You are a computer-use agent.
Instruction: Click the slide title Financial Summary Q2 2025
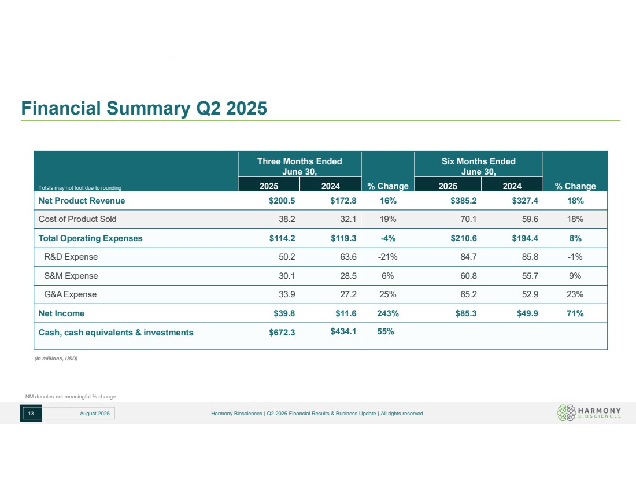click(x=144, y=108)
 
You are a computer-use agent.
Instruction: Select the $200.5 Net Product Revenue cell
click(x=282, y=201)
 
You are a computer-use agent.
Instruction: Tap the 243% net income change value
click(x=388, y=313)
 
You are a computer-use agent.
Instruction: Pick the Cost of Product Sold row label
click(x=77, y=219)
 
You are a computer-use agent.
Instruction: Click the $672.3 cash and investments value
click(x=282, y=333)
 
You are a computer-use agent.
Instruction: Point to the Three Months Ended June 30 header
click(x=299, y=167)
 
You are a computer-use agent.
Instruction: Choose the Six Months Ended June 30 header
click(x=479, y=167)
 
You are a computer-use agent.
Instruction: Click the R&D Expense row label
click(x=71, y=257)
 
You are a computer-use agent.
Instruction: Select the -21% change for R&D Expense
click(x=388, y=257)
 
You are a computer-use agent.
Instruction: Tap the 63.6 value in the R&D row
click(x=349, y=257)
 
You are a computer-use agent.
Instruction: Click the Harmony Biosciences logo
click(x=589, y=413)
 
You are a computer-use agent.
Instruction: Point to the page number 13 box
click(x=31, y=414)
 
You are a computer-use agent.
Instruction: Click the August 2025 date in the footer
click(x=94, y=414)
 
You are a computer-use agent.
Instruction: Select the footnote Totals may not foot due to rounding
click(x=80, y=188)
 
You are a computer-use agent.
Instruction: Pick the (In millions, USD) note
click(x=56, y=359)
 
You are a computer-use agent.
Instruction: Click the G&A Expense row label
click(x=70, y=294)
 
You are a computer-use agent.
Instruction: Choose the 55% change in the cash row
click(x=385, y=331)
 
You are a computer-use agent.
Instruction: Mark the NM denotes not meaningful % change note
click(x=71, y=397)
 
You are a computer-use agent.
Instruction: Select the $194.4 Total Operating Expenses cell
click(x=525, y=238)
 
